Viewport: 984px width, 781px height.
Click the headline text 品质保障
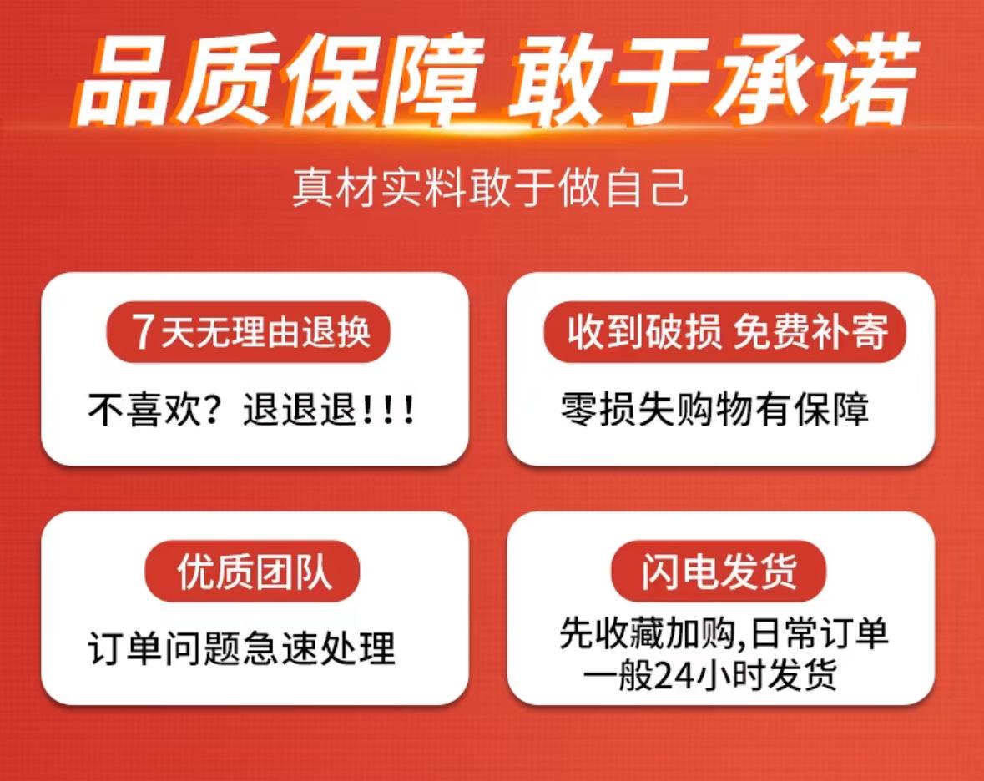[280, 80]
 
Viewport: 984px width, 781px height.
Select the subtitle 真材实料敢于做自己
[491, 187]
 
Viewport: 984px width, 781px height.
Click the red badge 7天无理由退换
[249, 332]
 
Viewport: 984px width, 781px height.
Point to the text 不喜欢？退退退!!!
[251, 410]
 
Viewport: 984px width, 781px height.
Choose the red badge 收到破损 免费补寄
[725, 332]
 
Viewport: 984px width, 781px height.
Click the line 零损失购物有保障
[714, 410]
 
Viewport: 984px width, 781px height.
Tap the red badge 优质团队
[252, 571]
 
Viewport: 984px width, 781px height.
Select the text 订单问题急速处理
[241, 648]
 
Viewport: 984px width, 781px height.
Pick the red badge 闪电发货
[719, 571]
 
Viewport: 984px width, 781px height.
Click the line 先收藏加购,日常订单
[723, 633]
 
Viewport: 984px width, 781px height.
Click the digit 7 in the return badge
[143, 332]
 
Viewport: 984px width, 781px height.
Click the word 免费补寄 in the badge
[810, 332]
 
